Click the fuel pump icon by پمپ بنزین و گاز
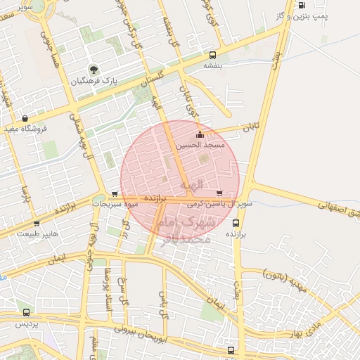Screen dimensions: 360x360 pyautogui.click(x=302, y=6)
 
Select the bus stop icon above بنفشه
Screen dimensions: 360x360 pyautogui.click(x=212, y=55)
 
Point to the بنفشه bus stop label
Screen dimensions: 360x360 pyautogui.click(x=212, y=65)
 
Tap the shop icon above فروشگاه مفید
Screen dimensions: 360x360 pyautogui.click(x=26, y=119)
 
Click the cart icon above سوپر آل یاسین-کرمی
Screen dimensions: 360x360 pyautogui.click(x=219, y=193)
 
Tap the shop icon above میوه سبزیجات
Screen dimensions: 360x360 pyautogui.click(x=115, y=194)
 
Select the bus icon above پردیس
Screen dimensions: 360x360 pyautogui.click(x=26, y=312)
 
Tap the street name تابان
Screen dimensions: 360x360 pyautogui.click(x=252, y=128)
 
